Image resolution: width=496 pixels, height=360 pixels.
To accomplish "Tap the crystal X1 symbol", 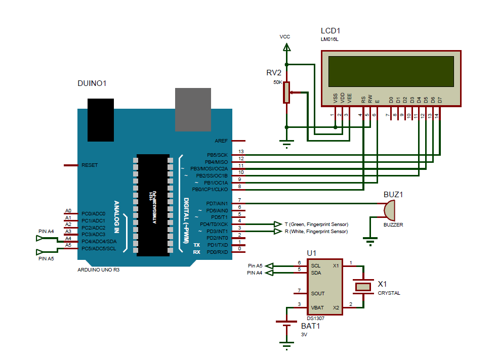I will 363,287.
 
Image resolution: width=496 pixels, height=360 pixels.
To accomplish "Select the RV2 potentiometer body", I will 286,93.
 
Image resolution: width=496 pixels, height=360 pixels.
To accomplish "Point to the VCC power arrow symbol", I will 286,47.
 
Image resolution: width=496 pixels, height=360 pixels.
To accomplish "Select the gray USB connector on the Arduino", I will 192,110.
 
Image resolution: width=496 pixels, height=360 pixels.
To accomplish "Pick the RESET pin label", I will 90,165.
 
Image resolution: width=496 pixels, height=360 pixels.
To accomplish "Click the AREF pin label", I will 221,141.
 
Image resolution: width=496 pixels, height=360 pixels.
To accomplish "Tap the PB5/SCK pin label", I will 217,155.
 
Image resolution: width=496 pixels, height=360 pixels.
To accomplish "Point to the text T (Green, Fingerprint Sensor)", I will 316,224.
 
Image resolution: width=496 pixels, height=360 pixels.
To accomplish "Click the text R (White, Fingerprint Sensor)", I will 316,231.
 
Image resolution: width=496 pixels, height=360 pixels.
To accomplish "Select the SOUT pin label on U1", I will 318,293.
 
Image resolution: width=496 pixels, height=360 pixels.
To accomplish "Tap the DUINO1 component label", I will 92,83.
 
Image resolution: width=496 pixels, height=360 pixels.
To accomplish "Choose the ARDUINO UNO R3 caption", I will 98,269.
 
